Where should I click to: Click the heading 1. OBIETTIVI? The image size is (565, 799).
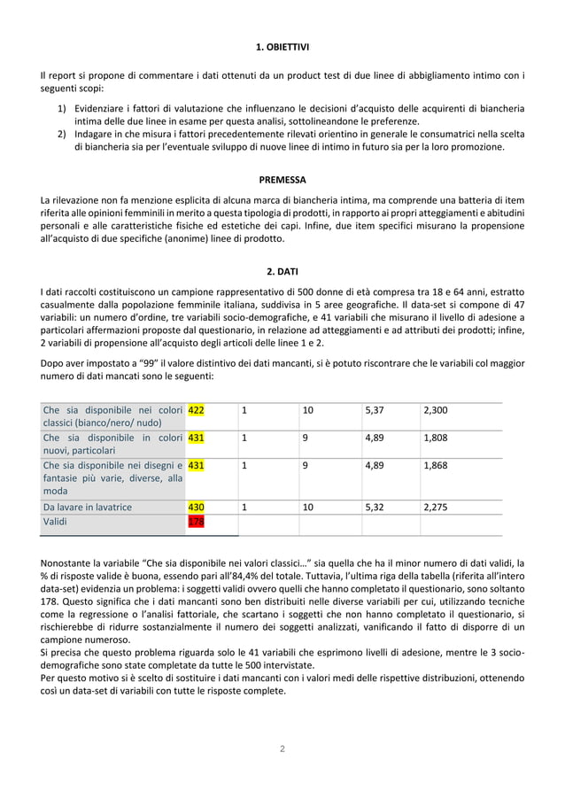point(282,45)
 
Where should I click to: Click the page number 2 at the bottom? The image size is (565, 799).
point(282,749)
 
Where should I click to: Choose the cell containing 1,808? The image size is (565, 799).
point(436,438)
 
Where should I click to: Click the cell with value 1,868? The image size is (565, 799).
point(436,465)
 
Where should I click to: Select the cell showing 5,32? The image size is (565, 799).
point(374,507)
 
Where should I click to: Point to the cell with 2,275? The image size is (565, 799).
point(436,507)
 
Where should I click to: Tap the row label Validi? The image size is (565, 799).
point(58,523)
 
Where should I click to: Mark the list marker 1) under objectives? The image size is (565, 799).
point(63,109)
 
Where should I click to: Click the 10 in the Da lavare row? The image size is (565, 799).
point(307,507)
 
